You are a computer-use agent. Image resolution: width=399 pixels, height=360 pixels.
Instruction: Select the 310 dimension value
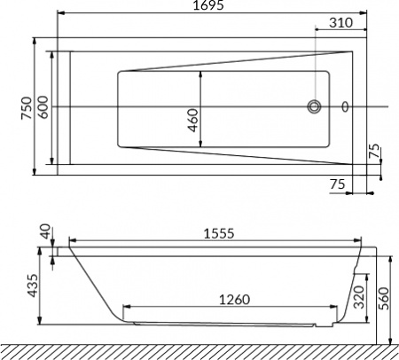click(340, 22)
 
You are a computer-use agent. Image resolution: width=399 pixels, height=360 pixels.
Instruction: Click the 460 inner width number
click(194, 119)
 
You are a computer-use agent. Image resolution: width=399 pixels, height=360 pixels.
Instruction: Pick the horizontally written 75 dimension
click(336, 184)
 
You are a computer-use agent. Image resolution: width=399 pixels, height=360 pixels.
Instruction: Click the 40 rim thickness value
click(45, 232)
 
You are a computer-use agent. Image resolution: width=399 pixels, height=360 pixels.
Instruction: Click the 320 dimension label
click(359, 296)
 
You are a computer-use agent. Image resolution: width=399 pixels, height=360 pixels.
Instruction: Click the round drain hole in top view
click(315, 107)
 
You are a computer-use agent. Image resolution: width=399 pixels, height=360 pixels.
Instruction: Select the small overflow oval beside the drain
click(345, 107)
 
